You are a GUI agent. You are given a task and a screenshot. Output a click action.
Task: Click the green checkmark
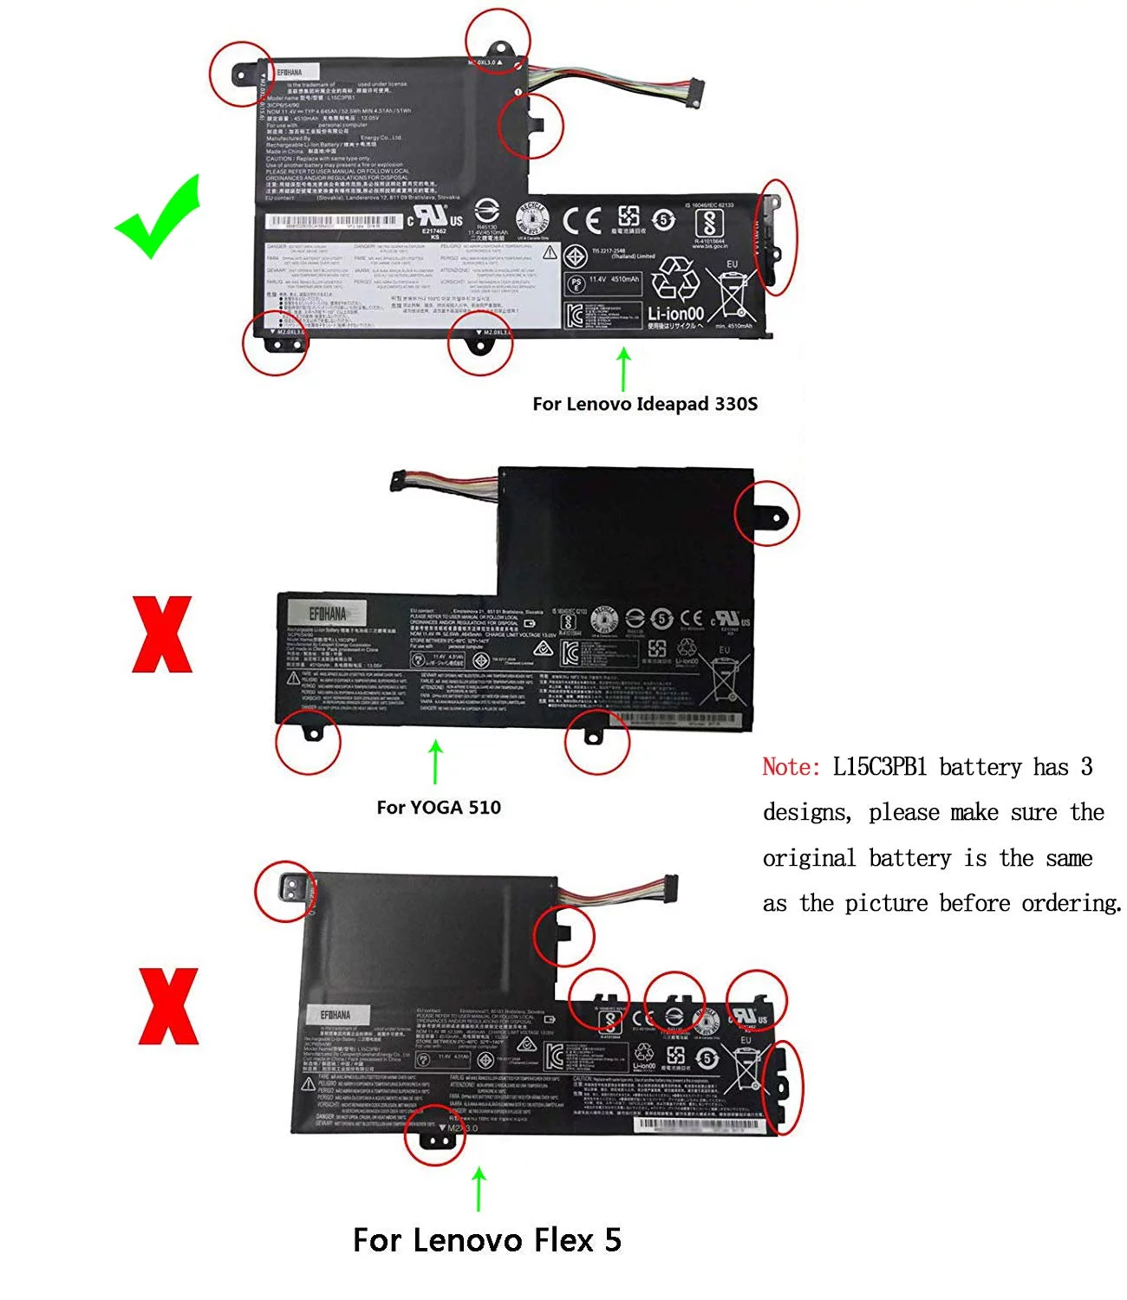coord(158,216)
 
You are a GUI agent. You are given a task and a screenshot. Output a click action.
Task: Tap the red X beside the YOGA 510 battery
coord(162,634)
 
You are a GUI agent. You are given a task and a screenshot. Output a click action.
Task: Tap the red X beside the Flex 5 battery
coord(168,1006)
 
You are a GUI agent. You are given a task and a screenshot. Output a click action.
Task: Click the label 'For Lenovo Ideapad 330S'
coord(645,404)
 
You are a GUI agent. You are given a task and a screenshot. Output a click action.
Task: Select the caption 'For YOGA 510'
coord(439,808)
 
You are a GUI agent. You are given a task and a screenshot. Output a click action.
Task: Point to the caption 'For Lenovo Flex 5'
coord(487,1240)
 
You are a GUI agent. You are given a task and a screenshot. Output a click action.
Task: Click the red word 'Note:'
coord(791,767)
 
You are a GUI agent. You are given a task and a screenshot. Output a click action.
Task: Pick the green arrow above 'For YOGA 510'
coord(436,762)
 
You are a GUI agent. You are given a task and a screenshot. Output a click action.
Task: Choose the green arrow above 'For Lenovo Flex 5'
coord(479,1188)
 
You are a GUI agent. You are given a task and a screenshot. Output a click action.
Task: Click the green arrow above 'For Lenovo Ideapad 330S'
coord(623,368)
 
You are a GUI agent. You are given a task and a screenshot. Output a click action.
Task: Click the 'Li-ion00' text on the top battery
coord(675,313)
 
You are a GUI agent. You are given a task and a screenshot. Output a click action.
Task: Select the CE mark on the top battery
coord(582,221)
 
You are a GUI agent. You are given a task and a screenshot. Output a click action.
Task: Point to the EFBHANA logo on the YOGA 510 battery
coord(327,614)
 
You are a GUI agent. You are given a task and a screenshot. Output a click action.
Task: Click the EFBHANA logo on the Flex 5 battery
coord(335,1015)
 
